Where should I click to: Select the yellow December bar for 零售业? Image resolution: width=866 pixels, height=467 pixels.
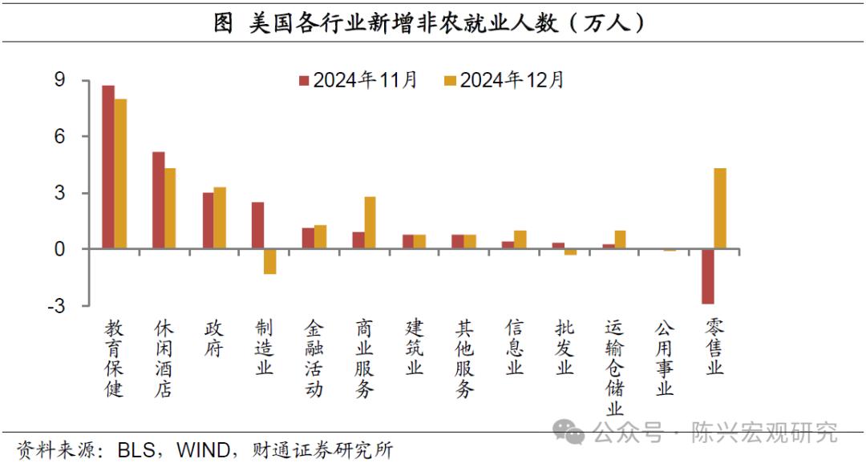click(x=720, y=208)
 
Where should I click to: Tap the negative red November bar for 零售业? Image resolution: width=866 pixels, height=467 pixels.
click(x=707, y=276)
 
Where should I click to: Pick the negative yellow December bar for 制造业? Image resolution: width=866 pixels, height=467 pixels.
click(x=270, y=261)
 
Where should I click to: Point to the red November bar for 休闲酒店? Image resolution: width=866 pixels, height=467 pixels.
click(x=158, y=200)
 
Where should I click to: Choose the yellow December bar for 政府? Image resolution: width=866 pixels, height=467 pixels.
click(x=220, y=218)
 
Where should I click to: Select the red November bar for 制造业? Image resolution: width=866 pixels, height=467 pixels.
click(x=257, y=225)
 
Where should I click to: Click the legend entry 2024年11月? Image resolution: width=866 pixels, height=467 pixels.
click(x=358, y=80)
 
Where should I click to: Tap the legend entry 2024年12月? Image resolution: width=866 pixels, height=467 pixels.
click(x=505, y=80)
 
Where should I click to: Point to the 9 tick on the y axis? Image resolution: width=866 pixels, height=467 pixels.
click(x=59, y=80)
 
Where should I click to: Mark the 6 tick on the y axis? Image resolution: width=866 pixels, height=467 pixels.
click(x=59, y=137)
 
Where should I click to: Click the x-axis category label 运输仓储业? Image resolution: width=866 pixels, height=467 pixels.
click(x=615, y=368)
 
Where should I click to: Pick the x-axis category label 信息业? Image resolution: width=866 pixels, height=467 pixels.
click(x=515, y=348)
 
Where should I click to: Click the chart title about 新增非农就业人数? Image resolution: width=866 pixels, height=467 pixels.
click(x=433, y=24)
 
